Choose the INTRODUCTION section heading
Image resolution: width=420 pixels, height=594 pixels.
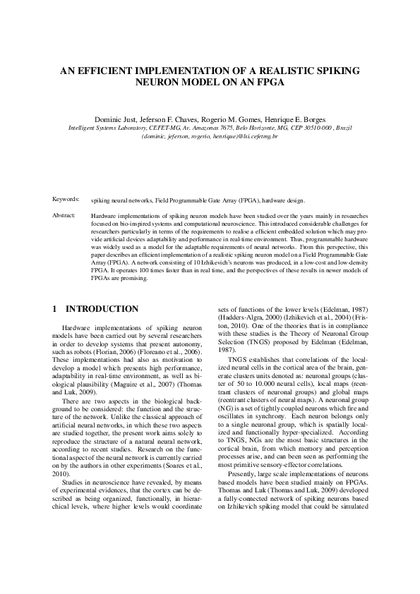102,309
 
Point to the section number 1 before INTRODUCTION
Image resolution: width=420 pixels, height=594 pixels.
56,309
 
